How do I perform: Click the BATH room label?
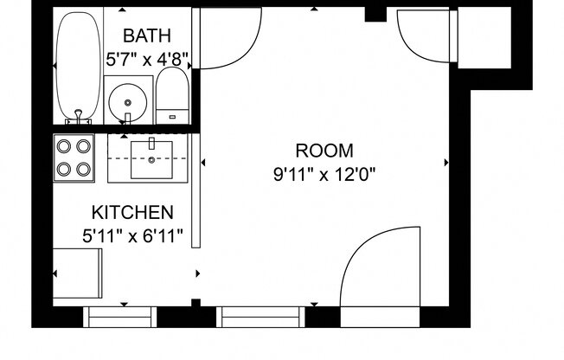pos(147,35)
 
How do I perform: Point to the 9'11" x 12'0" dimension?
pos(324,174)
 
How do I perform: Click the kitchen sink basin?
pos(152,157)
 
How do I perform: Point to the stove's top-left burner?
pos(64,145)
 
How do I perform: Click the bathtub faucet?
pos(79,112)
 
